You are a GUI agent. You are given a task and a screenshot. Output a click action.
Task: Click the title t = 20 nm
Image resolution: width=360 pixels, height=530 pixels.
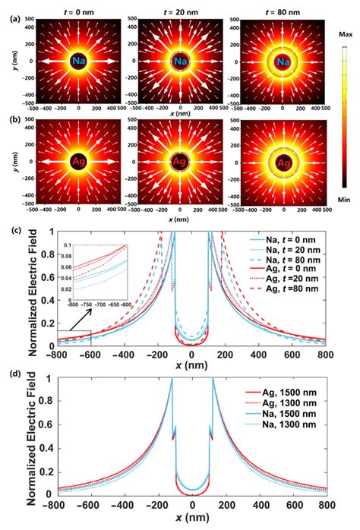[180, 8]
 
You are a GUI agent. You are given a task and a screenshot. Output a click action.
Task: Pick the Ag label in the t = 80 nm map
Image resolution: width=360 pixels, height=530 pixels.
[282, 162]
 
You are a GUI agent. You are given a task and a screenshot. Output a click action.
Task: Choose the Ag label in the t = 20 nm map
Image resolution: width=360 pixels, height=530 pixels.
[180, 162]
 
